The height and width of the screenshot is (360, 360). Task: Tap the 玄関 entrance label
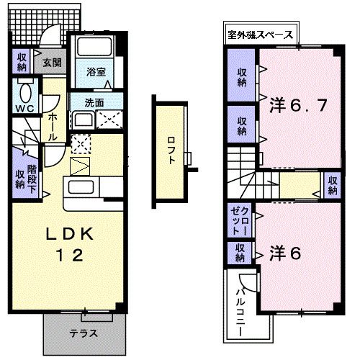51,62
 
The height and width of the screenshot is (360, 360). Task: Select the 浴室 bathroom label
96,72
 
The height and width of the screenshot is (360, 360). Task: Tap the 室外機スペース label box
260,34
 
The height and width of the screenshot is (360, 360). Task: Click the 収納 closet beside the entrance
22,60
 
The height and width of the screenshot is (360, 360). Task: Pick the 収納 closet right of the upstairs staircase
332,184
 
